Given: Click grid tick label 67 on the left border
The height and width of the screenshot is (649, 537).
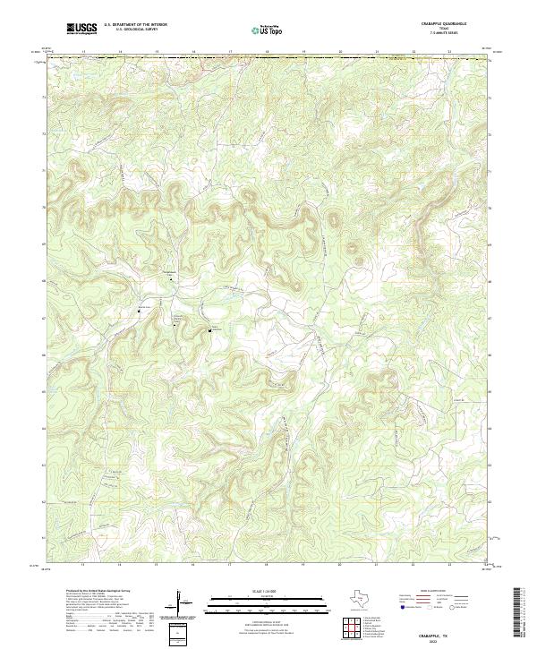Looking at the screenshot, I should point(44,317).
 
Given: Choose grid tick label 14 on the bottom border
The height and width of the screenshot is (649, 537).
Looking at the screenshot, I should point(119,566).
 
